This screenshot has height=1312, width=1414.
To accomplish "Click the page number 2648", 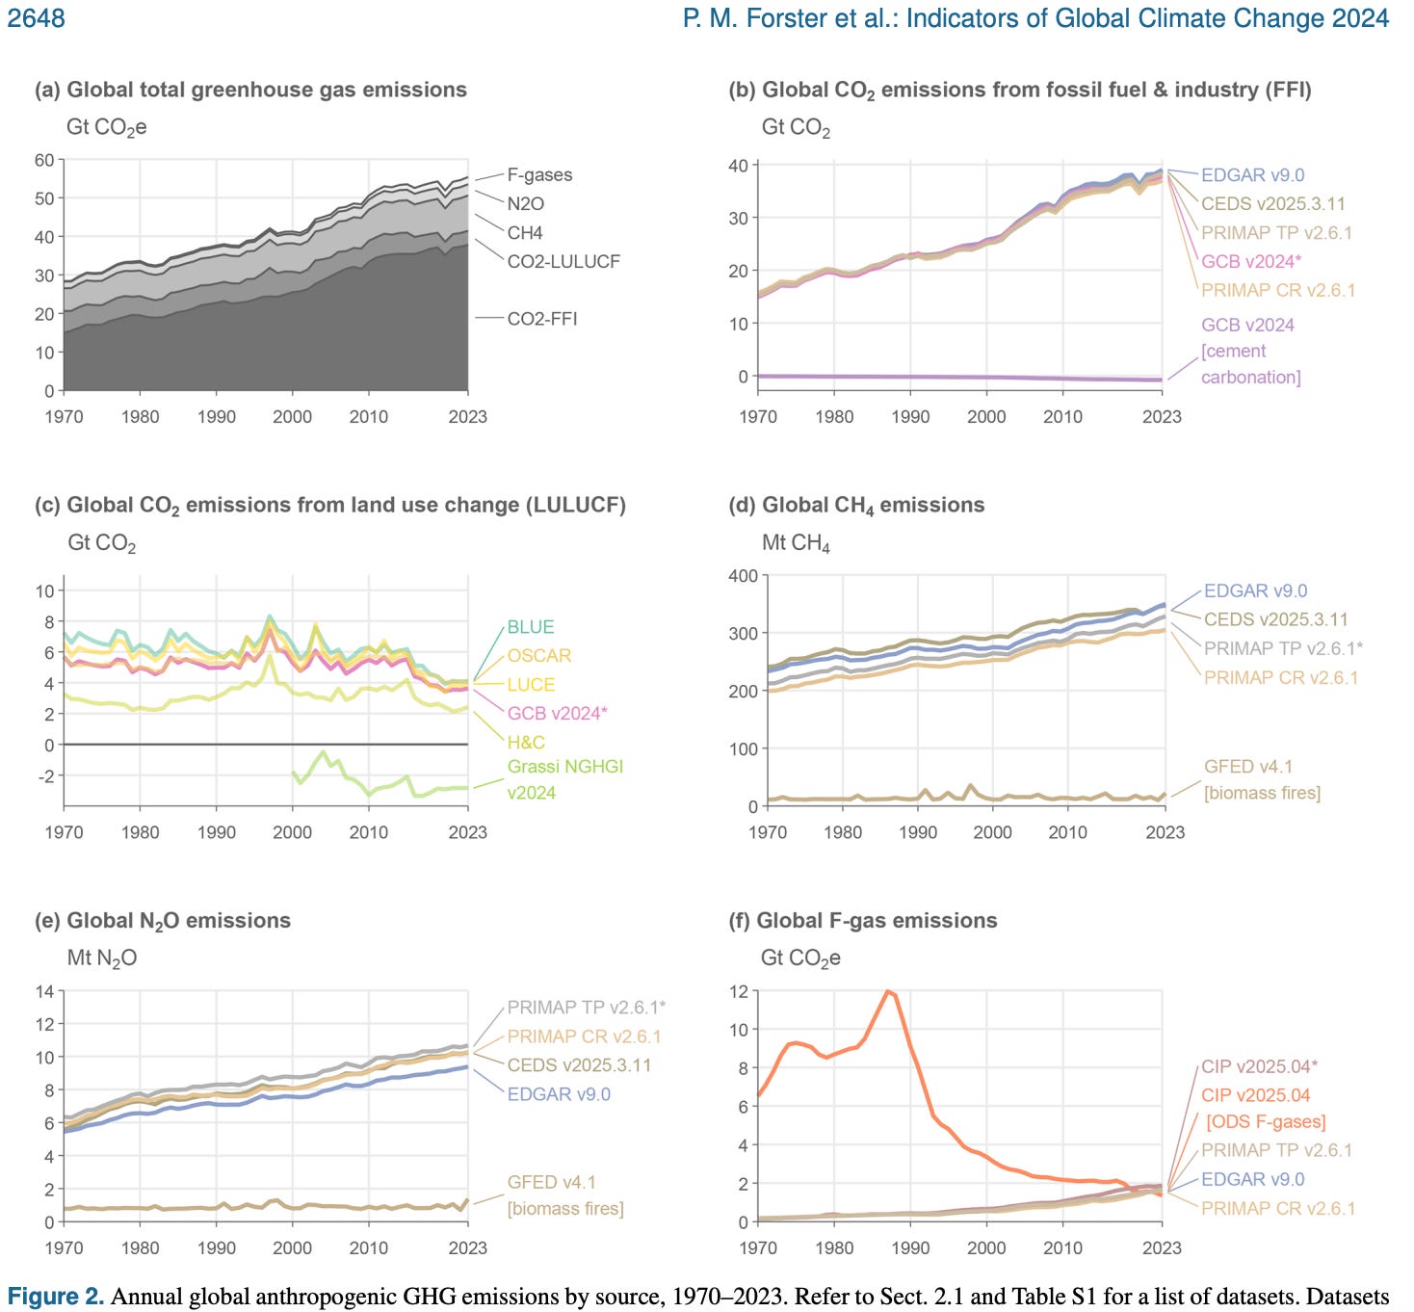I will click(x=36, y=17).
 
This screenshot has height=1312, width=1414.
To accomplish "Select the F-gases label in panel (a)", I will click(x=539, y=174).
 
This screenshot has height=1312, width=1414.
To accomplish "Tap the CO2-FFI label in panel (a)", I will click(x=542, y=319).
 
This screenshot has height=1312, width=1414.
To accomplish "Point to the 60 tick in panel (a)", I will click(x=44, y=160).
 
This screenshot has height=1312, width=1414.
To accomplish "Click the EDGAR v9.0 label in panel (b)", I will click(x=1252, y=174).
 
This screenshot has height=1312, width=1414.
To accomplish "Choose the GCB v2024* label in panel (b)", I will click(x=1250, y=261).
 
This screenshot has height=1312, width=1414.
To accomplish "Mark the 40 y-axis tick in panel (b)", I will click(x=738, y=166).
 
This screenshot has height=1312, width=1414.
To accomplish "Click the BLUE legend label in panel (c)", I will click(x=530, y=627).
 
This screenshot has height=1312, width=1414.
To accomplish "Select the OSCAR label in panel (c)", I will click(x=539, y=655).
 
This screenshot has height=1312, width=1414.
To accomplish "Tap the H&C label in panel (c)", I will click(x=526, y=742).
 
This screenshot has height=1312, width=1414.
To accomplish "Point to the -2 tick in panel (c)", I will click(x=44, y=775).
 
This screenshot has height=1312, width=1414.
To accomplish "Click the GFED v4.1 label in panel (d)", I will click(x=1247, y=767).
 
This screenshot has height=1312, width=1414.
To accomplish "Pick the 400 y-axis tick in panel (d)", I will click(x=743, y=576).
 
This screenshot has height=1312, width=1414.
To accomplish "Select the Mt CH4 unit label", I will click(x=796, y=543).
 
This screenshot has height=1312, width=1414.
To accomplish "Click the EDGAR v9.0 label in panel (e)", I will click(x=559, y=1094).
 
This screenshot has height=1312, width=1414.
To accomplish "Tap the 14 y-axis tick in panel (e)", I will click(x=44, y=991).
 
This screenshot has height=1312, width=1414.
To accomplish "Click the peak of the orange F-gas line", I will click(x=888, y=991).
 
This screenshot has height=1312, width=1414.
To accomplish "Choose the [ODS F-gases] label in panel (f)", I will click(x=1266, y=1122).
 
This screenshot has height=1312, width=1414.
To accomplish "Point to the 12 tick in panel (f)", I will click(x=739, y=991).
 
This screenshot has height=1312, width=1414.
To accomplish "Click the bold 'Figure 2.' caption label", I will click(x=55, y=1297).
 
